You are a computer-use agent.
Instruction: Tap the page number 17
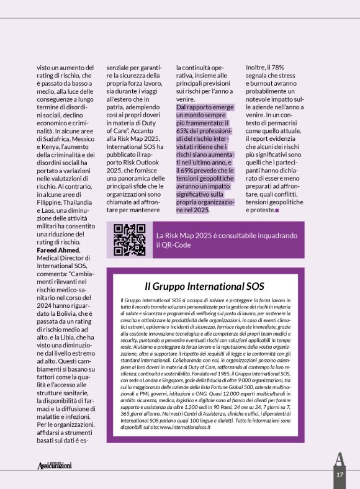pos(340,473)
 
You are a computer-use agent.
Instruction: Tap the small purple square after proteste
pos(277,210)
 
